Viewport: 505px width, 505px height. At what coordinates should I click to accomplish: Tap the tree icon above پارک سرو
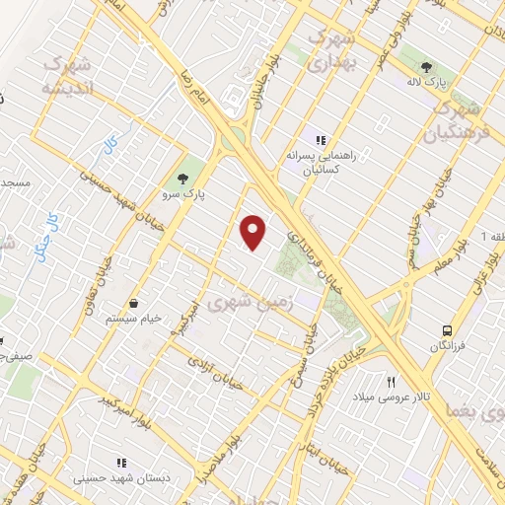[181, 179]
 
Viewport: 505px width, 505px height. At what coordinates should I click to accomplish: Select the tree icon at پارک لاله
[426, 68]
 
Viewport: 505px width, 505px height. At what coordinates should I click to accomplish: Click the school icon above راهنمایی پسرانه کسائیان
[320, 140]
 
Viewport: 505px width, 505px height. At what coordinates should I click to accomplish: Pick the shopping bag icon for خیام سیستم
[133, 304]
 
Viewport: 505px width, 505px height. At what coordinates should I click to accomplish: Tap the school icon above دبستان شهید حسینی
[122, 462]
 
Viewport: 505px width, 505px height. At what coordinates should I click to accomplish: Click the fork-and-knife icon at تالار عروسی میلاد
[392, 381]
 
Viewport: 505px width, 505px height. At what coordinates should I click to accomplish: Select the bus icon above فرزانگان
[448, 330]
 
